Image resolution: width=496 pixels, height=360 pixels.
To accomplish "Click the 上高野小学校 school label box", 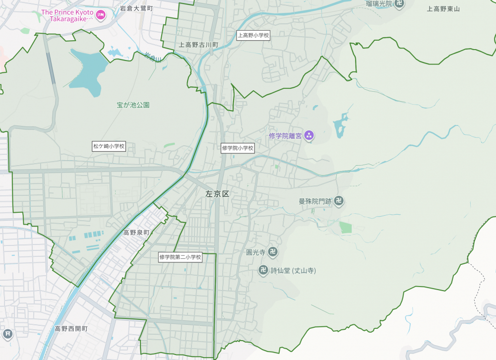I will [253, 35].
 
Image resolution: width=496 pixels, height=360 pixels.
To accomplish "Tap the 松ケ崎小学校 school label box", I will [109, 146].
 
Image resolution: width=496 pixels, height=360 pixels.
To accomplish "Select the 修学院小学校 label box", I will [238, 148].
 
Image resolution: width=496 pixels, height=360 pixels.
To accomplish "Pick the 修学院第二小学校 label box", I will [180, 257].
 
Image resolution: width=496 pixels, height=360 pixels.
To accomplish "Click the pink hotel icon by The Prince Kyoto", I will [101, 15].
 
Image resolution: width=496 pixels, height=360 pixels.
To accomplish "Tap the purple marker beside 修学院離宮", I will [309, 135].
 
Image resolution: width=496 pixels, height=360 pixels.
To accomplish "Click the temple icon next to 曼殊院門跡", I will [339, 201].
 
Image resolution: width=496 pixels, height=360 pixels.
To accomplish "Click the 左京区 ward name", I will [218, 194].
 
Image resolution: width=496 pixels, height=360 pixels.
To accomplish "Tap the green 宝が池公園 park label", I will [133, 105].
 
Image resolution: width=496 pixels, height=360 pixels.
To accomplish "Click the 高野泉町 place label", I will [136, 232].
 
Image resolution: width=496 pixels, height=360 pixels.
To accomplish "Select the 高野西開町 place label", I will [71, 329].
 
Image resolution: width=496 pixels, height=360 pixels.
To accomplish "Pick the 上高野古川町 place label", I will [198, 45].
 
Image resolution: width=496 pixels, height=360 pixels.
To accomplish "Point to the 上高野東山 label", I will [443, 8].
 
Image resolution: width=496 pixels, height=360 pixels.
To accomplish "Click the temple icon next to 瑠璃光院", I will [400, 4].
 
